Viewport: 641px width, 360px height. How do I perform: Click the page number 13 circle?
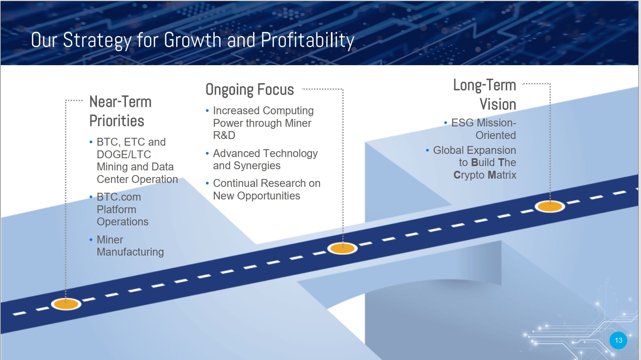click(618, 340)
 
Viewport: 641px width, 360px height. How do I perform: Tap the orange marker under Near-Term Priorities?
click(66, 304)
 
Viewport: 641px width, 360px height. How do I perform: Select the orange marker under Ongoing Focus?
click(342, 249)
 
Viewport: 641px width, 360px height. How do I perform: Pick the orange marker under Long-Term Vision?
click(550, 206)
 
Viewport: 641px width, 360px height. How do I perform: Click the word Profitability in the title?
click(308, 40)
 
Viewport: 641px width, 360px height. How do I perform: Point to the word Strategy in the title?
click(97, 40)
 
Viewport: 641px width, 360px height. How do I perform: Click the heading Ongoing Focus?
click(250, 90)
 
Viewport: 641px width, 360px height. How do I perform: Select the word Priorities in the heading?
click(117, 121)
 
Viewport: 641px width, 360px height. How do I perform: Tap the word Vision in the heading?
click(498, 104)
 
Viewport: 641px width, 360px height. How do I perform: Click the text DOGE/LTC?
click(124, 155)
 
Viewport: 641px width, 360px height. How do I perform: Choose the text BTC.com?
click(119, 197)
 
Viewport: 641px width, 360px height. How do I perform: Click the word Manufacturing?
click(130, 252)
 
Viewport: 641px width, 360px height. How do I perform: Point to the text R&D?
click(224, 135)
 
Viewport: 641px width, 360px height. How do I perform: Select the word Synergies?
click(257, 166)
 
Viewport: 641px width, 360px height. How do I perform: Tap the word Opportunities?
click(268, 196)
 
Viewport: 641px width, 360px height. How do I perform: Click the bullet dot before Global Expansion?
click(427, 150)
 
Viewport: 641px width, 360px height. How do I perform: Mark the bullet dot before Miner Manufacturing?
click(91, 239)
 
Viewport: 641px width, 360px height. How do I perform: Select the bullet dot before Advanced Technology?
click(207, 154)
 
